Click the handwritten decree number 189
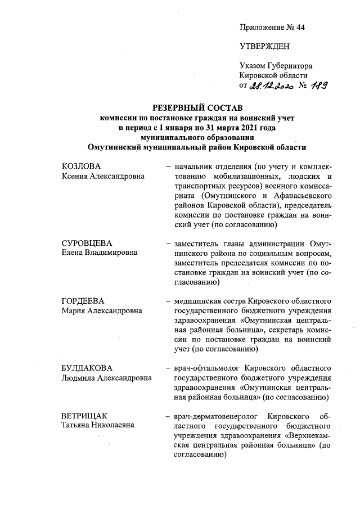[318, 85]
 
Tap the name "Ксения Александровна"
[103, 176]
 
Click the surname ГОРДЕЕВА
[84, 301]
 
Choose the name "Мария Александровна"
[101, 310]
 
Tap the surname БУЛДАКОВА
[88, 368]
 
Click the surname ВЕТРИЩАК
[84, 416]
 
